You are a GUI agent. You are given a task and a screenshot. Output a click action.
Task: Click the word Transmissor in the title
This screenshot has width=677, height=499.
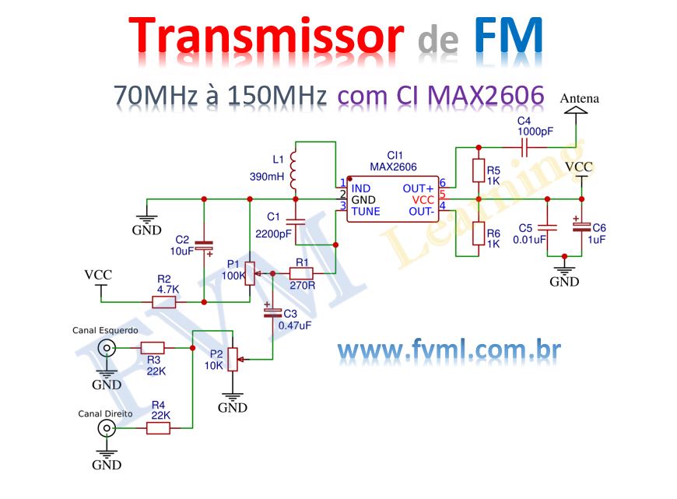[x=266, y=37]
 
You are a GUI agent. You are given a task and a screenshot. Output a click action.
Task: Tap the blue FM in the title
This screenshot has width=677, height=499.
[x=508, y=37]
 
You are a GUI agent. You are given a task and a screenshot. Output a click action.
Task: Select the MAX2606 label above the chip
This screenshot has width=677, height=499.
[x=393, y=167]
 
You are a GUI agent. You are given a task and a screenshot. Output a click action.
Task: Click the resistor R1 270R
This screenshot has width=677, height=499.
[x=301, y=273]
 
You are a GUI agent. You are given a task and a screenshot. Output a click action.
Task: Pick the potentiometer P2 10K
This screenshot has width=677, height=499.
[x=231, y=360]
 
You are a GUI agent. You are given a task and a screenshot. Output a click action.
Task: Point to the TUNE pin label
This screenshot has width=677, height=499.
[x=367, y=211]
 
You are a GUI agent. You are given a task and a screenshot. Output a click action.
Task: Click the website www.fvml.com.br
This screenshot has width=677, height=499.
[x=449, y=351]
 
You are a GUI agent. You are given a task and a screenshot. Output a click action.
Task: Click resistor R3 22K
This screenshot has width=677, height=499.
[x=153, y=348]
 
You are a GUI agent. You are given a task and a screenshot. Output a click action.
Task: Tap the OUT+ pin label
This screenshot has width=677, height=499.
[x=418, y=188]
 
